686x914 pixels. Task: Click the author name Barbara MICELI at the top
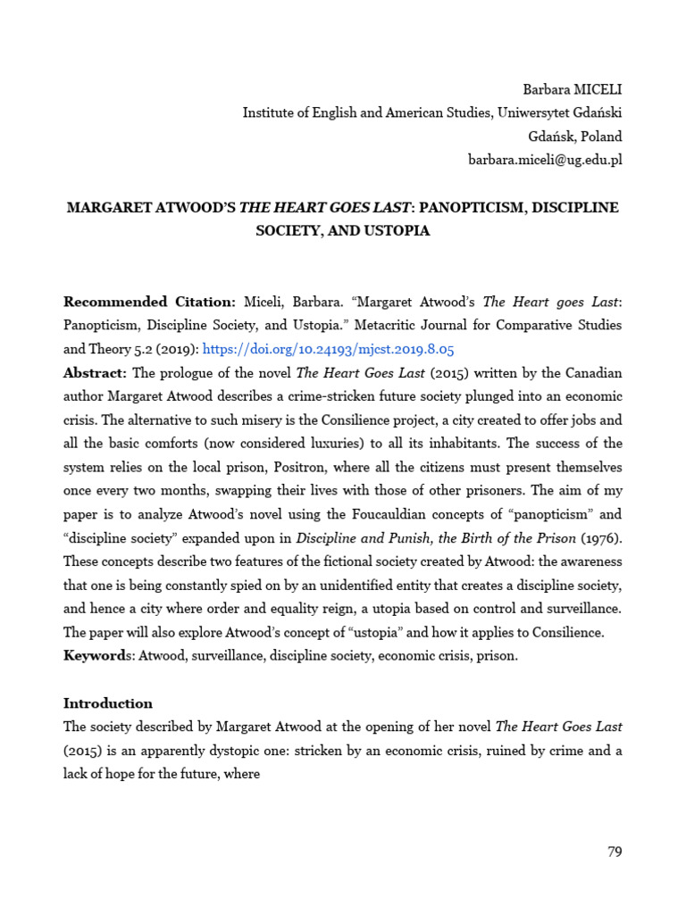[572, 89]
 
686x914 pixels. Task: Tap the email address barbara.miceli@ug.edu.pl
[545, 160]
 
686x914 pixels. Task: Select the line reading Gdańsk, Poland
[575, 137]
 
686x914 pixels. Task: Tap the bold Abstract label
[94, 373]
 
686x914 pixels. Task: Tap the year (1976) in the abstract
[602, 538]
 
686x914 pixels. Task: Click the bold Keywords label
[95, 656]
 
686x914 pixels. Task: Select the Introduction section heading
[108, 703]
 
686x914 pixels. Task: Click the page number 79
[614, 852]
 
